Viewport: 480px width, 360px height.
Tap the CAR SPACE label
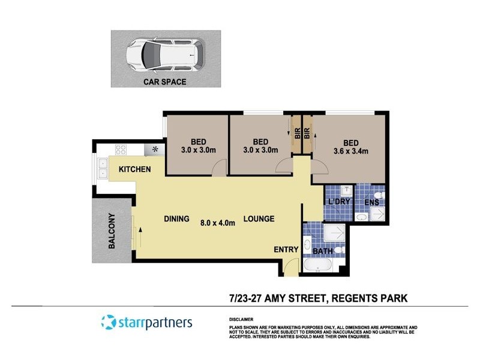(x=164, y=82)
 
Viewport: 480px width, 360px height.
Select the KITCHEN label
(x=134, y=170)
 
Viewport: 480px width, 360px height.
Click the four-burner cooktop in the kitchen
(x=121, y=150)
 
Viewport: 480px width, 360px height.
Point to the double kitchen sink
(x=101, y=169)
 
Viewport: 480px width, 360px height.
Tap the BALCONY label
(x=112, y=232)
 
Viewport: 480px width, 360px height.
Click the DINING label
(x=176, y=219)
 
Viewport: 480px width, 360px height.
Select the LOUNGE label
(x=259, y=219)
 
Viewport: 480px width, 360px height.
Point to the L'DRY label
(x=338, y=202)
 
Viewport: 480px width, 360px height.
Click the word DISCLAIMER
(x=241, y=320)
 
